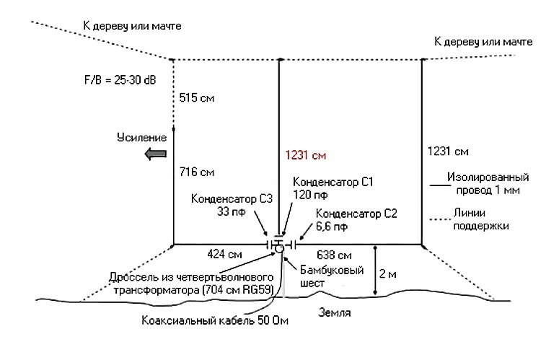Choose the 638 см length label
pos(335,255)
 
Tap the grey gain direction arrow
pos(154,153)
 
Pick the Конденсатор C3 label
pos(230,199)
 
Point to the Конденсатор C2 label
pos(356,214)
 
